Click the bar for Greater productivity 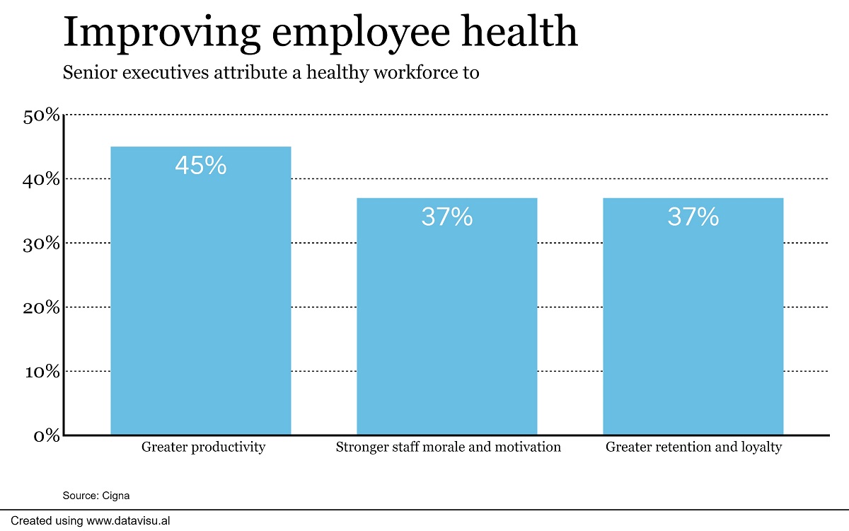pos(201,297)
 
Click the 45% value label pos(201,166)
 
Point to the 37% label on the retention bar pos(693,217)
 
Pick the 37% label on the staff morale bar pos(446,217)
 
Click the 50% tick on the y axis pos(42,115)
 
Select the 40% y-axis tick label pos(42,179)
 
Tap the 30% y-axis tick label pos(42,244)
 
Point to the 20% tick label pos(42,307)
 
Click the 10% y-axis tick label pos(42,371)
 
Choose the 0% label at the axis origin pos(47,435)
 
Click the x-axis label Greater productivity pos(203,447)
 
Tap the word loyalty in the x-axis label pos(759,447)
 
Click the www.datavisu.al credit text pos(128,520)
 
